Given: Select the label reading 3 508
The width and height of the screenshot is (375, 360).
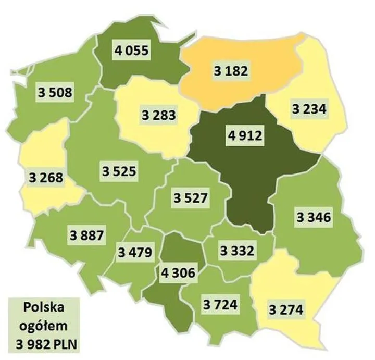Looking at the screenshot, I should pyautogui.click(x=54, y=93).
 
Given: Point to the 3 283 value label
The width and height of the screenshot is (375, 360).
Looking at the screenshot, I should pyautogui.click(x=158, y=113).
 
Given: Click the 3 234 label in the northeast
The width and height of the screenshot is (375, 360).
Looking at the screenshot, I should pyautogui.click(x=309, y=109).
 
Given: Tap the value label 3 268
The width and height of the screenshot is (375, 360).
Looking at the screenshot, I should pyautogui.click(x=46, y=178).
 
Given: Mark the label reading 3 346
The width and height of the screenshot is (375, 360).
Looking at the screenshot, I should pyautogui.click(x=313, y=217).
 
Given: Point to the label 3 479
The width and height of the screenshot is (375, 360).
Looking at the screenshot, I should pyautogui.click(x=135, y=253).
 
